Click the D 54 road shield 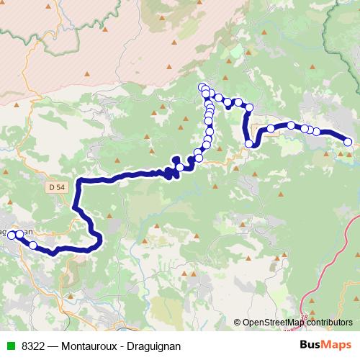pos(59,187)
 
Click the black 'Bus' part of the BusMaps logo pos(311,345)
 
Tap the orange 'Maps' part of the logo pos(338,345)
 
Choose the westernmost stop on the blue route pos(12,235)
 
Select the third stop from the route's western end pos(32,246)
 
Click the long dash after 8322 pos(53,346)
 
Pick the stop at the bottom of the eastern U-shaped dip pos(250,144)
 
